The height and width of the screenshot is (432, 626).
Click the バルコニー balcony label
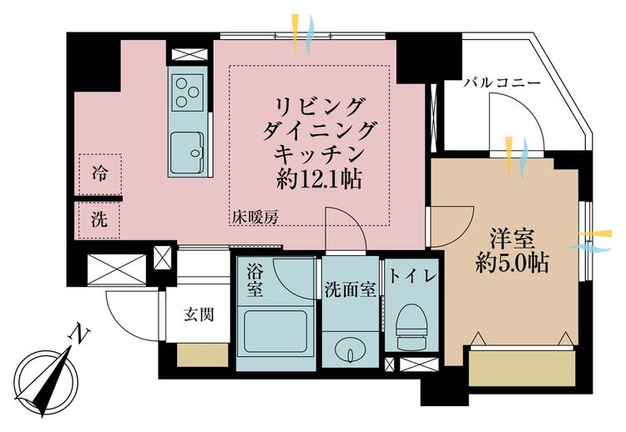click(x=502, y=83)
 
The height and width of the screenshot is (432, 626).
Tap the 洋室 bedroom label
click(x=512, y=239)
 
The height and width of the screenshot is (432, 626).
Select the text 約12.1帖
click(x=319, y=178)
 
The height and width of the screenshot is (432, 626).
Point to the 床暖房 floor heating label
click(x=255, y=218)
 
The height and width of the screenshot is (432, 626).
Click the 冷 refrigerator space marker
click(x=100, y=174)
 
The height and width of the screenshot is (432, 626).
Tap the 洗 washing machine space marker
click(x=99, y=219)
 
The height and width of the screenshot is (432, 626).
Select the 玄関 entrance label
click(x=199, y=314)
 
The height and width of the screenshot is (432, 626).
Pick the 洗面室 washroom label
click(x=350, y=290)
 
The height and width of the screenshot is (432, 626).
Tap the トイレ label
click(x=411, y=276)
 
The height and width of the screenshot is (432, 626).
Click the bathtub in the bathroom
click(x=276, y=332)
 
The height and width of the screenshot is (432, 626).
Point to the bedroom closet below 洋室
click(x=523, y=368)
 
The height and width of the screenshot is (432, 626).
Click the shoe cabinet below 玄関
click(x=203, y=354)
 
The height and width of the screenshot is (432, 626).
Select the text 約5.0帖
click(x=512, y=263)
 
